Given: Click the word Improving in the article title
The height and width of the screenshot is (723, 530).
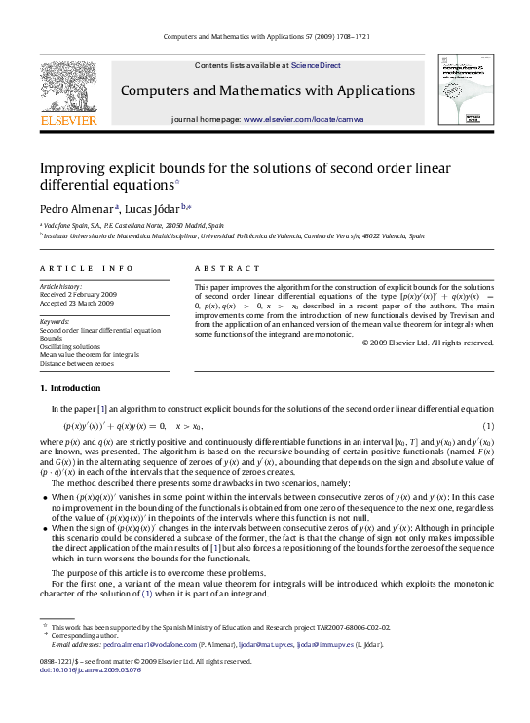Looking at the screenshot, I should click(x=72, y=167).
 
